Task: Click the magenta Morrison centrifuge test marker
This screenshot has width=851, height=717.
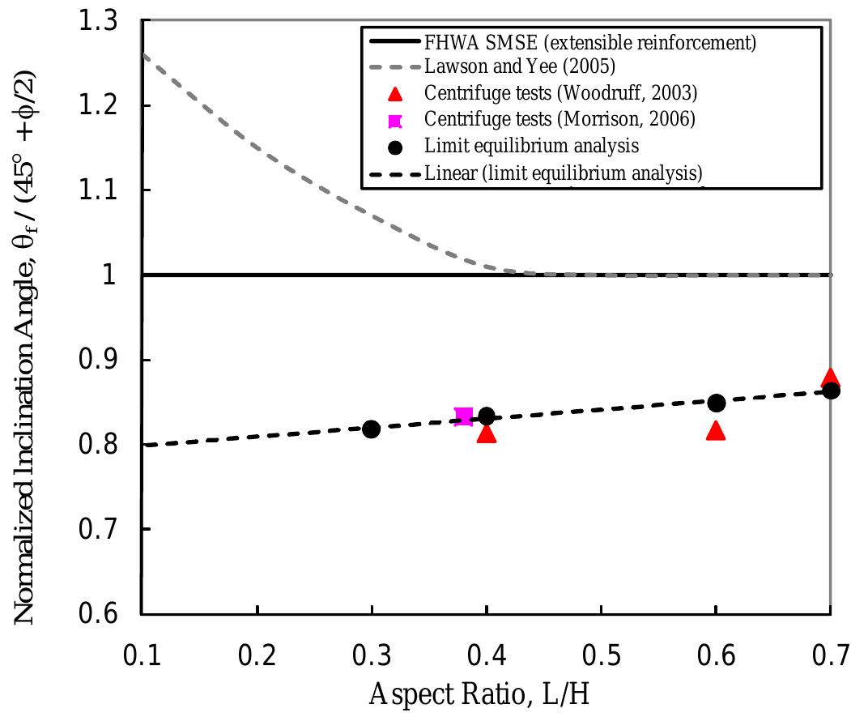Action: click(x=463, y=416)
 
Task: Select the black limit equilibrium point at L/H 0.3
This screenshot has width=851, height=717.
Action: click(x=371, y=429)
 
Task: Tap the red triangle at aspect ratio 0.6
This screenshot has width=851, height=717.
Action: click(x=716, y=431)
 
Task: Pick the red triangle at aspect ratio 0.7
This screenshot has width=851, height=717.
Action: click(x=830, y=378)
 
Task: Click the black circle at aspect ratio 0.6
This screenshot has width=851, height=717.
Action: click(x=716, y=403)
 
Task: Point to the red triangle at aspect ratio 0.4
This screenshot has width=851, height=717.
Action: click(x=486, y=434)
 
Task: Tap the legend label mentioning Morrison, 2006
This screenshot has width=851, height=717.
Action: click(x=559, y=121)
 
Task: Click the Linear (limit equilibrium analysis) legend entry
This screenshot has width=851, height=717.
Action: click(x=563, y=173)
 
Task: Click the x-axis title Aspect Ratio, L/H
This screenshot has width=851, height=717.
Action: click(x=486, y=694)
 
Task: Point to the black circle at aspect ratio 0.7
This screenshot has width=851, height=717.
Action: click(x=831, y=391)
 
